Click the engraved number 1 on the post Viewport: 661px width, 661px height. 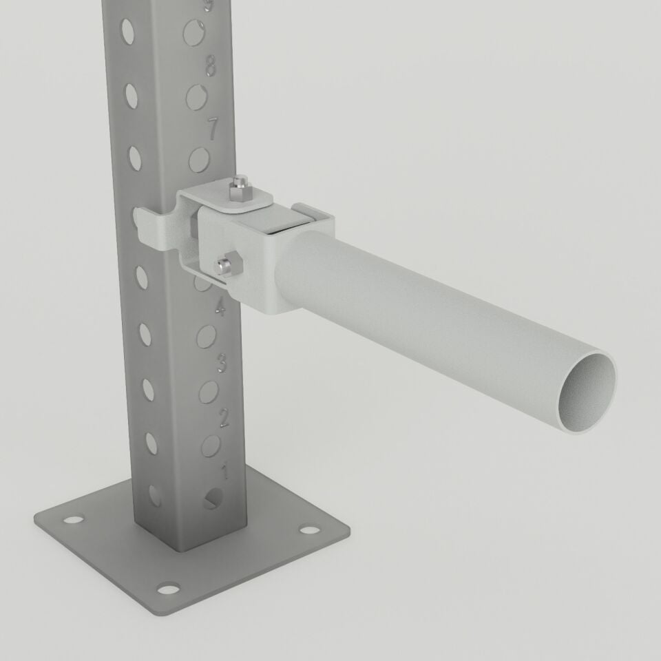(224, 472)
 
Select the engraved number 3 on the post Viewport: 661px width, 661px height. (222, 361)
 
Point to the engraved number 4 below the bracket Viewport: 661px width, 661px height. (220, 308)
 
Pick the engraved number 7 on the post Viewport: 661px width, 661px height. (213, 129)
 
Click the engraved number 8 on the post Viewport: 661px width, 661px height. (211, 67)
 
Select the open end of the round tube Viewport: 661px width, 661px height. (587, 392)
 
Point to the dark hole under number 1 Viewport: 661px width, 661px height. (213, 499)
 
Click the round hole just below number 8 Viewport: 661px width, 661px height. (198, 98)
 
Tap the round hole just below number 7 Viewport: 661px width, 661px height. (200, 160)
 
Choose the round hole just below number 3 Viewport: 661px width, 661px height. (209, 391)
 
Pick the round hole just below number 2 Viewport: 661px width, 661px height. (211, 445)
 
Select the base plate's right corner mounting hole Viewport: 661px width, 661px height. (311, 531)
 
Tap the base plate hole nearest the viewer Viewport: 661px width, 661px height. (167, 588)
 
